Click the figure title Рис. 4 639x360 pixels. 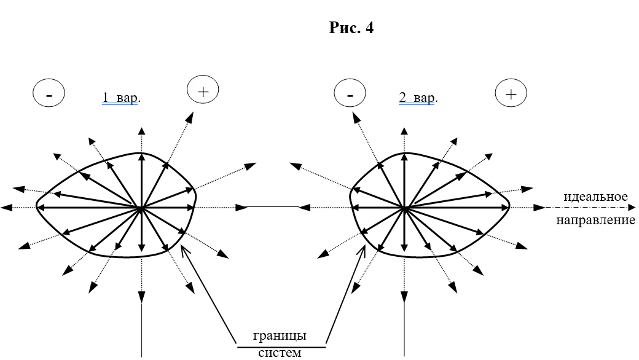[x=351, y=28]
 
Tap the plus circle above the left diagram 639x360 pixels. [x=203, y=92]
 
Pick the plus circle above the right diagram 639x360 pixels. [x=511, y=94]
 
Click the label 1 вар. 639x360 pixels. [x=121, y=98]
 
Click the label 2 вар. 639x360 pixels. [x=418, y=98]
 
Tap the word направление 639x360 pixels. [x=595, y=219]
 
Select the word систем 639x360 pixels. [x=280, y=353]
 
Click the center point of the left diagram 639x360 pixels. [x=141, y=209]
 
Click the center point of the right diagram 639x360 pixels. [x=404, y=209]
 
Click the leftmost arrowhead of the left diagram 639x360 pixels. [x=7, y=208]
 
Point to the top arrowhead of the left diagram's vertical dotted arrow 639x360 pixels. [x=142, y=130]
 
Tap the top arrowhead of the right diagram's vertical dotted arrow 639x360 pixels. [x=404, y=130]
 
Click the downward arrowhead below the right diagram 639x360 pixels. [x=404, y=297]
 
